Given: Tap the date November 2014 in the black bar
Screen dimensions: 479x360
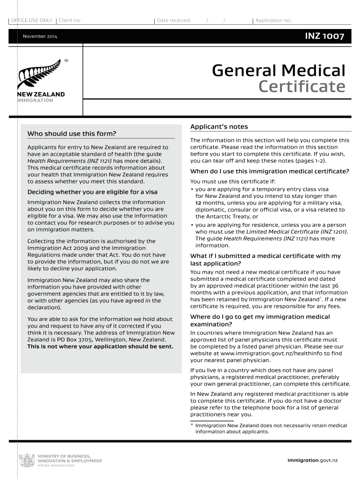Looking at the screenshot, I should click(40, 36).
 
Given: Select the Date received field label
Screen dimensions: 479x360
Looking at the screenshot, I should click(174, 21).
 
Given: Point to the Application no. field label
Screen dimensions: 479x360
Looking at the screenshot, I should click(274, 21).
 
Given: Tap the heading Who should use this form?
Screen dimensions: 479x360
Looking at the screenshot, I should click(72, 134).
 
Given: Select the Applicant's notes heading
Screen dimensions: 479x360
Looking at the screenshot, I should click(219, 127).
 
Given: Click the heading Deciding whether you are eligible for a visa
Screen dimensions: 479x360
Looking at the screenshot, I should click(93, 192).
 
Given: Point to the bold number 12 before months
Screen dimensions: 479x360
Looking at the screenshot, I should click(198, 203).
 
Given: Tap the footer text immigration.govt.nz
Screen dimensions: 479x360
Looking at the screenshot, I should click(312, 460).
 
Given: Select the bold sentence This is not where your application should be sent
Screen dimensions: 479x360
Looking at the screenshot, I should click(100, 347).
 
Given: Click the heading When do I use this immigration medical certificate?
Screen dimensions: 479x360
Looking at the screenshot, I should click(269, 171).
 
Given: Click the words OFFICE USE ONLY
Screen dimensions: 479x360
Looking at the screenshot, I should click(31, 21).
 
